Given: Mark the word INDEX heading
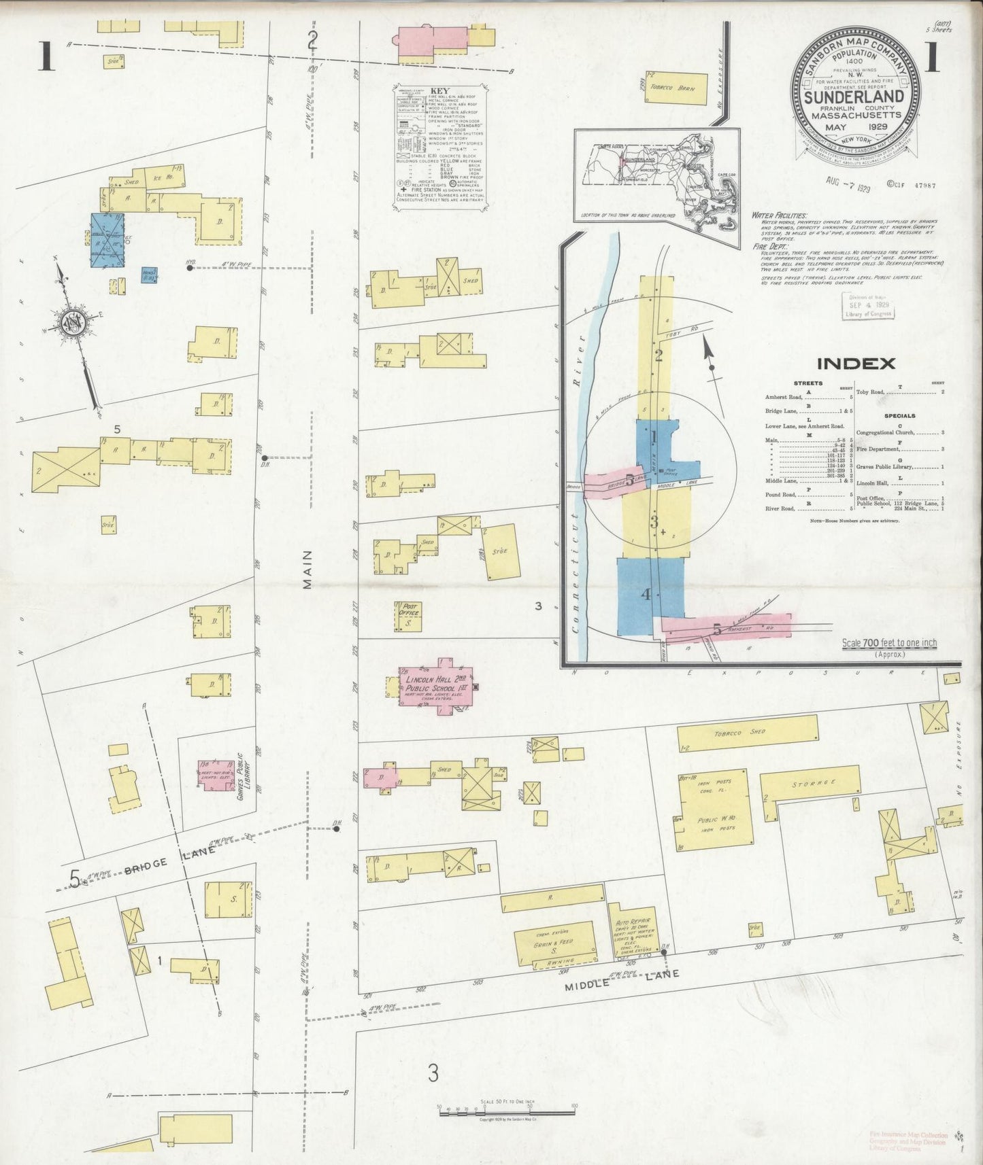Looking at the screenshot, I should [856, 363].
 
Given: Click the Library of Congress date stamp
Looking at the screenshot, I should [868, 305].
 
